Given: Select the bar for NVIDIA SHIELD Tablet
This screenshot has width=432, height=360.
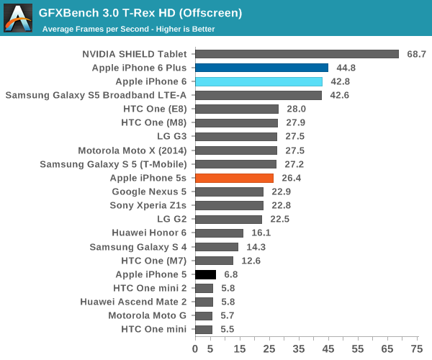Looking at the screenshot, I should [297, 54].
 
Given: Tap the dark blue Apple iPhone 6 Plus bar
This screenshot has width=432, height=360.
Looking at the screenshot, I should [261, 68].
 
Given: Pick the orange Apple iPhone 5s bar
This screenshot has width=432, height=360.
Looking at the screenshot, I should [234, 178].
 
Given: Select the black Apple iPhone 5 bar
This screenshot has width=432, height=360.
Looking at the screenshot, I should [205, 274].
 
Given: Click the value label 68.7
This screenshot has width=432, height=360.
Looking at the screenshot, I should [417, 54].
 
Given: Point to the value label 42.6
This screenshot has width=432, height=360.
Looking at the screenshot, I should [339, 95].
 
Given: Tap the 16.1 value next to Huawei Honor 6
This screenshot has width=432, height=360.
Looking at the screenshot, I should [261, 233].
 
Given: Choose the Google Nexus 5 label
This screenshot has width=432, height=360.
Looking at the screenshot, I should [149, 192].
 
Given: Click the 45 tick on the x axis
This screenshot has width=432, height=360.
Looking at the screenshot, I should [328, 348].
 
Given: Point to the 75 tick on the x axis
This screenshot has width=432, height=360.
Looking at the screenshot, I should [416, 348].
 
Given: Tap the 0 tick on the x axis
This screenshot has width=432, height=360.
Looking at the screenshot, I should [195, 348].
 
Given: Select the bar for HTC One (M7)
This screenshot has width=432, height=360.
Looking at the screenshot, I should [214, 261].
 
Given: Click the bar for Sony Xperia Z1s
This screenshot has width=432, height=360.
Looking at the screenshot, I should [229, 205].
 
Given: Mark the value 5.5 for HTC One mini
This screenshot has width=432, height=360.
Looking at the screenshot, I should [226, 329].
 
